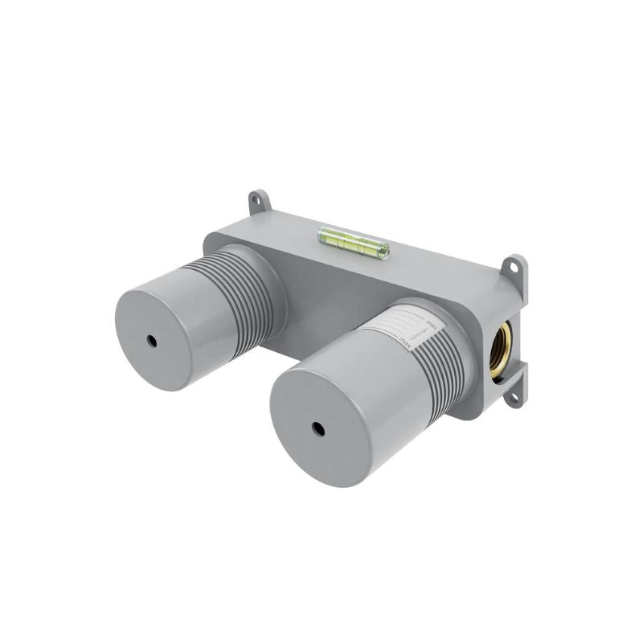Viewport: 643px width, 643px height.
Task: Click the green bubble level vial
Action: (354, 244)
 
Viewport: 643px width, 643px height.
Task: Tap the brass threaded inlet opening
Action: (501, 351)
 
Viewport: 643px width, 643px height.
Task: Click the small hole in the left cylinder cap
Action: (152, 341)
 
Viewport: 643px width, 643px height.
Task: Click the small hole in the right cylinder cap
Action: (317, 429)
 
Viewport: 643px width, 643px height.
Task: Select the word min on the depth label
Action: (430, 324)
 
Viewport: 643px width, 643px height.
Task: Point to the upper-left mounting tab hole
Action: (257, 200)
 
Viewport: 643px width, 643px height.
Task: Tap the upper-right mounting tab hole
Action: (514, 268)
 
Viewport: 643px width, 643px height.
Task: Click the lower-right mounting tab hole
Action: (514, 397)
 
